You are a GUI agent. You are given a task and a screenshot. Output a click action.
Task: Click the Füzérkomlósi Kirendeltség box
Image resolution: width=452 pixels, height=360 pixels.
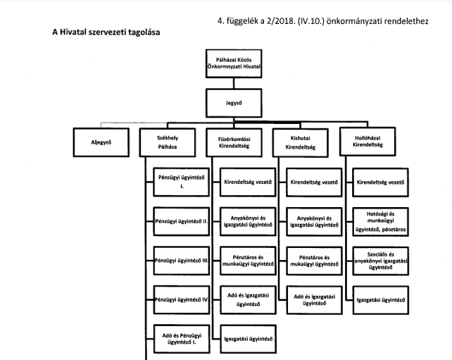tap(235, 142)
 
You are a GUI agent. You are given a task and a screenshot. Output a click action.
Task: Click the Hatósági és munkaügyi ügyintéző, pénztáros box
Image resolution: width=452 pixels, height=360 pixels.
tap(380, 221)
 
